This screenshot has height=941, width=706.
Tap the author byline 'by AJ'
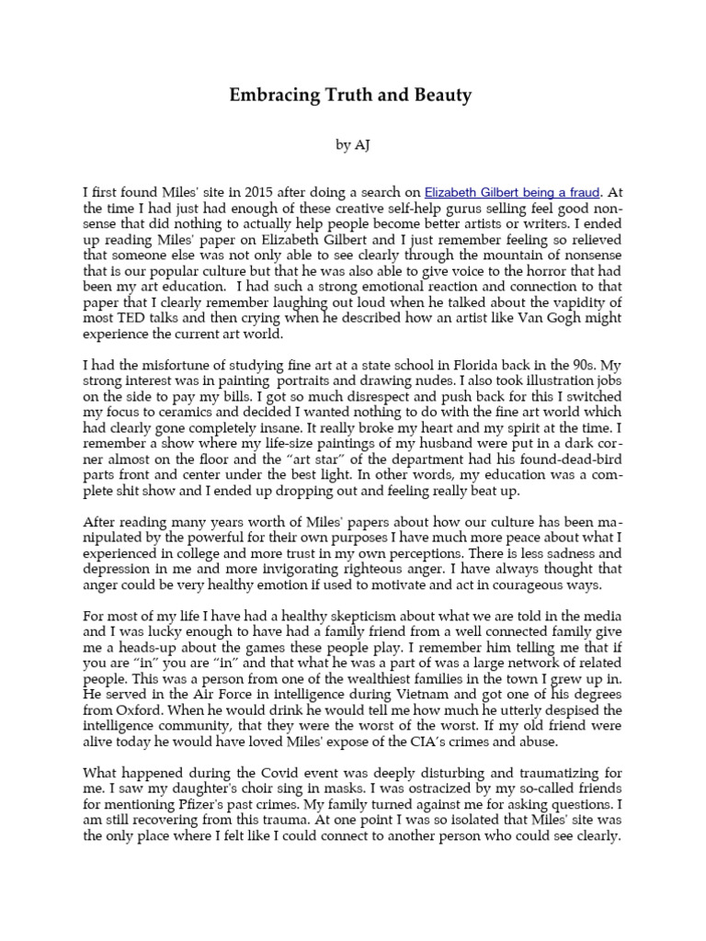pos(353,145)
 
